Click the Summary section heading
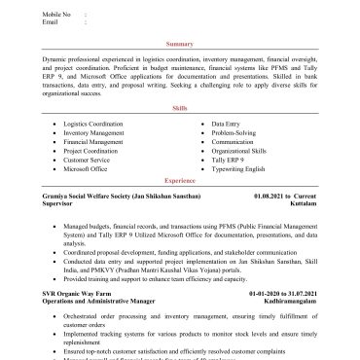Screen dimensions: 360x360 (179, 45)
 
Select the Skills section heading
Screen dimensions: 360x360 (179, 110)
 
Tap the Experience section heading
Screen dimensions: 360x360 (179, 181)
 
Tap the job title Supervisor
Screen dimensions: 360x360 (57, 203)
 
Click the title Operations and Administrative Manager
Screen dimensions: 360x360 (100, 300)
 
